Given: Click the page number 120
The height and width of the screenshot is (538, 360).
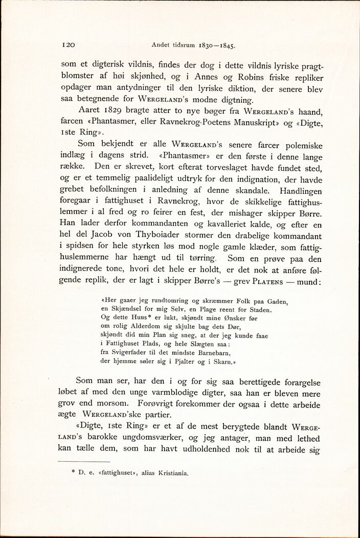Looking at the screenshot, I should click(x=69, y=44).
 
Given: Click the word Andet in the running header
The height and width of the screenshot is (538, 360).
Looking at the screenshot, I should click(x=163, y=45).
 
